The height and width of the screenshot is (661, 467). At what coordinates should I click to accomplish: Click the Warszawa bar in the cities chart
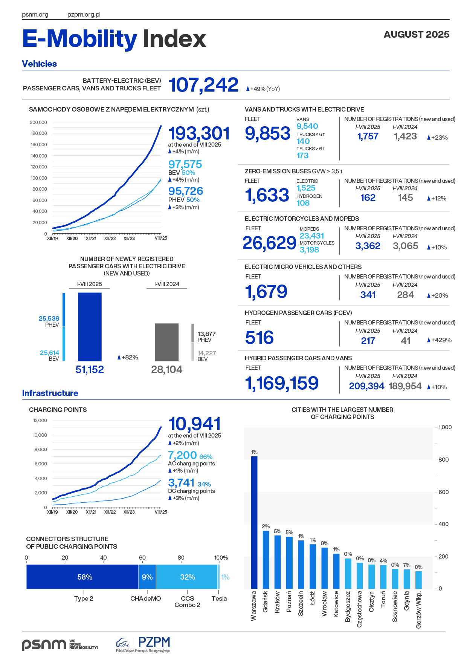pos(254,522)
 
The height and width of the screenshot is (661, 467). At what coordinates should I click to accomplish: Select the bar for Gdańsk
pos(266,560)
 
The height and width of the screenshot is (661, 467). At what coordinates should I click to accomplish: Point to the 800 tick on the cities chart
pos(443,460)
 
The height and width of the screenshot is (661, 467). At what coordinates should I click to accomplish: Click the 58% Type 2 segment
pos(82,577)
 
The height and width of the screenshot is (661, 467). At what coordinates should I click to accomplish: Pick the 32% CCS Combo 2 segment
pos(187,577)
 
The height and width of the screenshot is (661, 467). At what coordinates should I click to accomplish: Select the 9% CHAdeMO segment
pos(147,577)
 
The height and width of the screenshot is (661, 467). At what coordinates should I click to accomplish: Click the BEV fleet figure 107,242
pos(203,85)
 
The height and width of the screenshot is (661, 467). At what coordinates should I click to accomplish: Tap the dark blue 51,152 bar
pos(90,327)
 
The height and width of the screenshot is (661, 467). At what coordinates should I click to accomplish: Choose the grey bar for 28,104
pos(167,342)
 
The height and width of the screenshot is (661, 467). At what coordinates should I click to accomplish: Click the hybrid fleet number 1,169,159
pos(282,383)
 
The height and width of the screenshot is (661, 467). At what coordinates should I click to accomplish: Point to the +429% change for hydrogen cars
pos(439,340)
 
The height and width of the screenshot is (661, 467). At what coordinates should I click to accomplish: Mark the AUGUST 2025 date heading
pos(416,34)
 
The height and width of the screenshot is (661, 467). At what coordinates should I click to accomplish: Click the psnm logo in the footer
pos(44,644)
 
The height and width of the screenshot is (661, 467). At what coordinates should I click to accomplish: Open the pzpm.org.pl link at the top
pos(84,15)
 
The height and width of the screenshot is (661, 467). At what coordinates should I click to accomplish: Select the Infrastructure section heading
pos(50,393)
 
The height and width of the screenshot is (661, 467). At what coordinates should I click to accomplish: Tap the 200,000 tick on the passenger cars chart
pos(38,122)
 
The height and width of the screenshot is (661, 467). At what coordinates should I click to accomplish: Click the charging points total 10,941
pos(194,424)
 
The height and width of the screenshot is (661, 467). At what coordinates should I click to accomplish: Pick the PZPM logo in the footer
pos(143,644)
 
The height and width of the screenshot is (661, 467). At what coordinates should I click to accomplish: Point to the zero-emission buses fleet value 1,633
pos(267,195)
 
